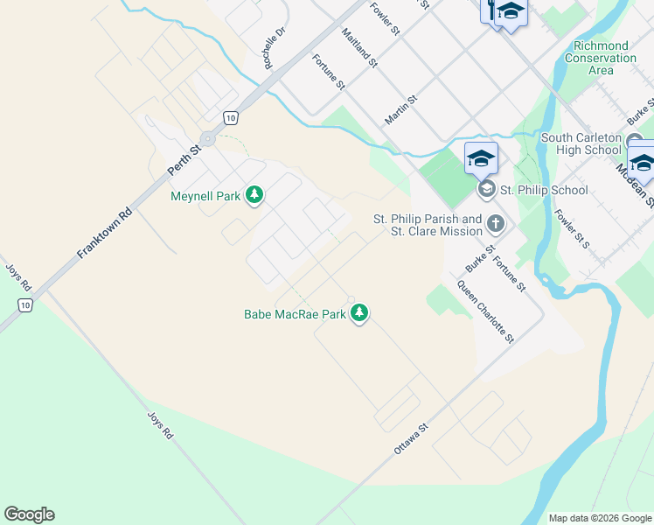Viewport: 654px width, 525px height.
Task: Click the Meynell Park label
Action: click(x=205, y=196)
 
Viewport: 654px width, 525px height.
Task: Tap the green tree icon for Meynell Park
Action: click(x=254, y=194)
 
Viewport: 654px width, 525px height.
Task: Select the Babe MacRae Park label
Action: click(x=295, y=313)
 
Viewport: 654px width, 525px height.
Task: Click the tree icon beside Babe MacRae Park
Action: click(x=359, y=312)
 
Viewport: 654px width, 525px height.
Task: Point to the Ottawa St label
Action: click(x=410, y=438)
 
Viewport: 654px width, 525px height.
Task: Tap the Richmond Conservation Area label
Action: click(x=601, y=58)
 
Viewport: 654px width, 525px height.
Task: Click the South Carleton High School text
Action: click(x=581, y=143)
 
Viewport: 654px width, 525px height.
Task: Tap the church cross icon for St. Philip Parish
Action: click(x=496, y=224)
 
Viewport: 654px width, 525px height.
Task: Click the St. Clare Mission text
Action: click(x=438, y=231)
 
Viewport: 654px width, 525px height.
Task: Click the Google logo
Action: click(x=29, y=514)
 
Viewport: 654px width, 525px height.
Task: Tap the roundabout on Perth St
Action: click(x=207, y=138)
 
